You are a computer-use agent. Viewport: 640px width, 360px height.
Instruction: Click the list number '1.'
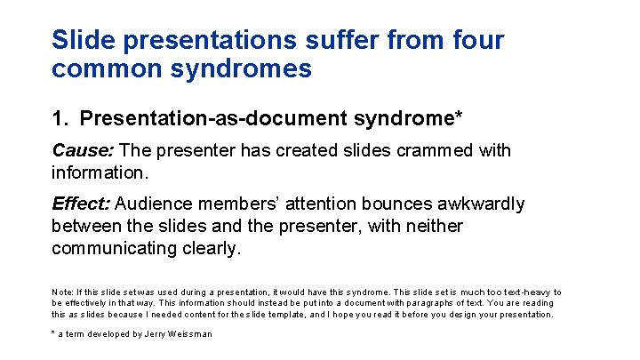pos(61,117)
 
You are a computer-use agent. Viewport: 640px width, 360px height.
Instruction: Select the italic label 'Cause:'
pos(83,150)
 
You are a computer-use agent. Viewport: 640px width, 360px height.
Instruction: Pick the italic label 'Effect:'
pos(81,204)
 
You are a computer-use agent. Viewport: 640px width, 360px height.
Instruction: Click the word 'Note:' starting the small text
pos(63,292)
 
